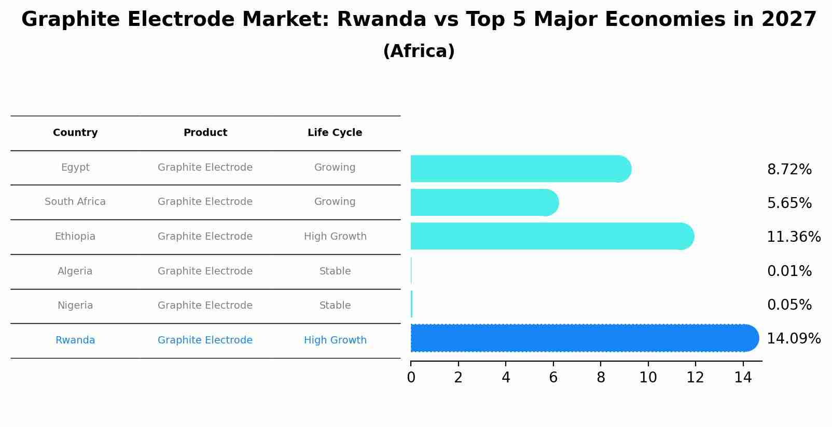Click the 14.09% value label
click(793, 339)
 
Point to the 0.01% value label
click(789, 271)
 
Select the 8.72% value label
click(789, 170)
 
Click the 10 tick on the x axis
click(648, 378)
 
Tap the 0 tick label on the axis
click(411, 378)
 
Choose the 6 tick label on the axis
click(553, 378)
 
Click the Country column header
click(75, 133)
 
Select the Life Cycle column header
click(335, 133)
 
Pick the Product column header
click(205, 133)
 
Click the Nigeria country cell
click(75, 306)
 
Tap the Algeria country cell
click(75, 271)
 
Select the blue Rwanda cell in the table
click(75, 340)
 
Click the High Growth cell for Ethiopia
click(335, 237)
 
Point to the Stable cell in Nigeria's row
click(335, 306)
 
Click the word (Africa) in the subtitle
click(419, 51)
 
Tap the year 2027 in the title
click(789, 20)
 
